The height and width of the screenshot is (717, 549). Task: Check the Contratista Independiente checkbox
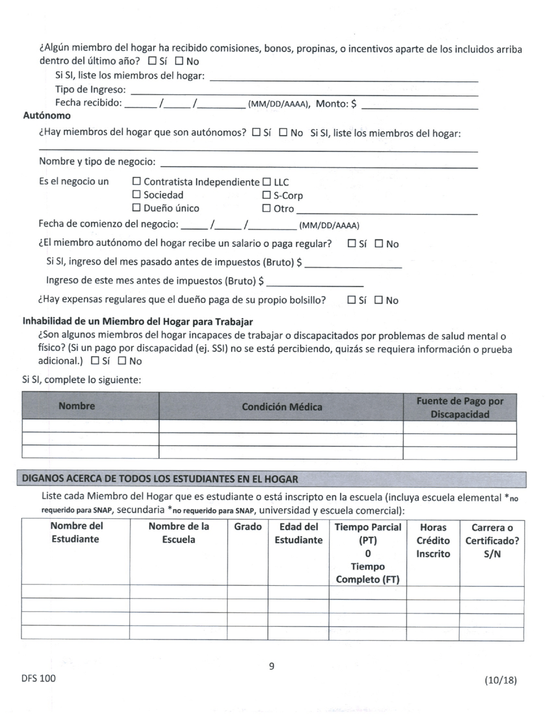click(x=137, y=182)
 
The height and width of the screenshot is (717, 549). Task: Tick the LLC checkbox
click(x=267, y=182)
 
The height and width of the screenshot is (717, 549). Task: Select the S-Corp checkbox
click(x=267, y=195)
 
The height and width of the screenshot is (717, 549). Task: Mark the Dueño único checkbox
click(x=137, y=208)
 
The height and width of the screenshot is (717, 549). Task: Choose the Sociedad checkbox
click(x=137, y=195)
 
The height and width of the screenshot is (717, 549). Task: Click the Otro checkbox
click(x=267, y=209)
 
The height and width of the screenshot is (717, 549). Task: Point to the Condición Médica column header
click(x=281, y=407)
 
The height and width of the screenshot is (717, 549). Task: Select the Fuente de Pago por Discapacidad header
click(x=459, y=408)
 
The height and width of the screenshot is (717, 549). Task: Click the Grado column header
click(x=248, y=527)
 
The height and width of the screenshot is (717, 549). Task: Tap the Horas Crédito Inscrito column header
click(x=432, y=541)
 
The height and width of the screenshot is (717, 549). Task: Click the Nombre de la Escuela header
click(x=178, y=534)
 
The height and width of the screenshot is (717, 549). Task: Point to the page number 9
click(x=272, y=667)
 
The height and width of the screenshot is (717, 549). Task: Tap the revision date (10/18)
click(x=500, y=681)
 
